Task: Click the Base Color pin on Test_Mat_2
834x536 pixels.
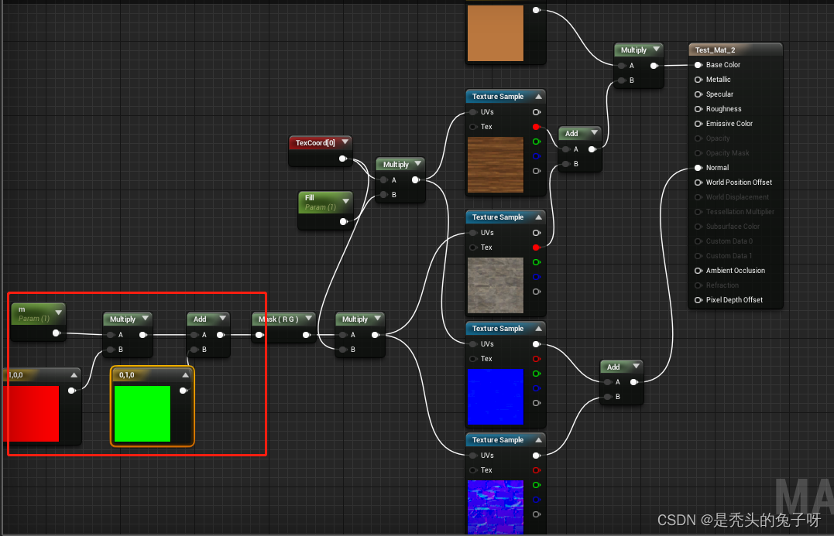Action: (698, 65)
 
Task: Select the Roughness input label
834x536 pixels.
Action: (723, 109)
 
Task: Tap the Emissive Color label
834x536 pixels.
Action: (729, 124)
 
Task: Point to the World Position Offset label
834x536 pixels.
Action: (739, 183)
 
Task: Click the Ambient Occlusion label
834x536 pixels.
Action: (735, 271)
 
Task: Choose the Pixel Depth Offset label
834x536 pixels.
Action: (734, 300)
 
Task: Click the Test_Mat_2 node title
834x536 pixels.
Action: (715, 50)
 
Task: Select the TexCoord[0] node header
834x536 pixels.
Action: (315, 143)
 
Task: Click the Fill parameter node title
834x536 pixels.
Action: (310, 198)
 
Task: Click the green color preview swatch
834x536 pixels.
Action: (142, 414)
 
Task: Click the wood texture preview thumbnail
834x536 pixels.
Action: (495, 165)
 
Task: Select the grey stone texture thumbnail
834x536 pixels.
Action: (495, 285)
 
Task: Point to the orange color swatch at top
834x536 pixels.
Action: (495, 33)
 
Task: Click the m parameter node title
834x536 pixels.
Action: (22, 309)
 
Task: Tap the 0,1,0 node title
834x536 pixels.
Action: (127, 375)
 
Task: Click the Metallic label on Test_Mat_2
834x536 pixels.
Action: (718, 80)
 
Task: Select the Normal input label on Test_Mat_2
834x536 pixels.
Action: (717, 168)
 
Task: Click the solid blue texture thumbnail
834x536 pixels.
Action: (495, 397)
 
